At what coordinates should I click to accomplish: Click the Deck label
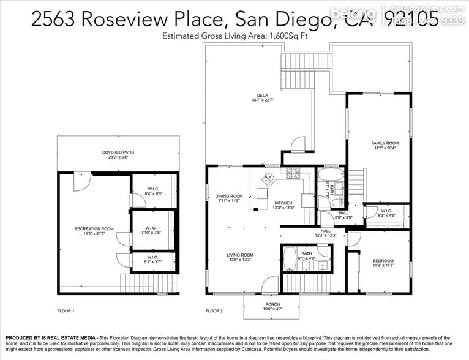[x=262, y=97]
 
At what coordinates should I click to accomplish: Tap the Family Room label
[x=385, y=145]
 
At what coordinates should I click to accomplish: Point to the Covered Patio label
[x=118, y=154]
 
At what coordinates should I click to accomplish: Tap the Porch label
[x=272, y=307]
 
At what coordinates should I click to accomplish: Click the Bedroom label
[x=384, y=263]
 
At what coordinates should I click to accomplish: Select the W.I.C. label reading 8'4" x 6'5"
[x=153, y=190]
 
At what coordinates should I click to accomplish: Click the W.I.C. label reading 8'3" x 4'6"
[x=386, y=212]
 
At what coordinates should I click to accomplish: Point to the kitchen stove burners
[x=292, y=173]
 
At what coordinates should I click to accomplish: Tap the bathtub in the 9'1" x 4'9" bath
[x=290, y=259]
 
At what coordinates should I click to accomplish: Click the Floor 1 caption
[x=66, y=311]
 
